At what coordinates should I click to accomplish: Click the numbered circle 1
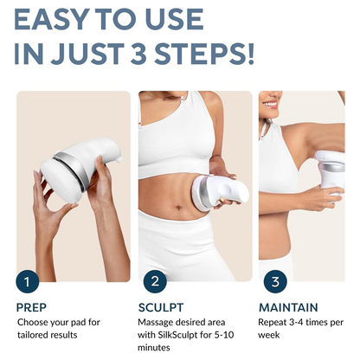[x=28, y=281]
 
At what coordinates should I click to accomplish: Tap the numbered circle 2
[x=155, y=281]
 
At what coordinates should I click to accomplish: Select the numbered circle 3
[x=275, y=281]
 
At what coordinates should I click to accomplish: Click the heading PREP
[x=31, y=307]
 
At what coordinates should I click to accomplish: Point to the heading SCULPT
[x=161, y=307]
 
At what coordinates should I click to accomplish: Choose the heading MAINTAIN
[x=288, y=307]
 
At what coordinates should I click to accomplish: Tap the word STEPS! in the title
[x=204, y=54]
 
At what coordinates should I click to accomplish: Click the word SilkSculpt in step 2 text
[x=176, y=335]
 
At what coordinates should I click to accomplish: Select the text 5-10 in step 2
[x=224, y=335]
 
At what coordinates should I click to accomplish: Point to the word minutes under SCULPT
[x=154, y=348]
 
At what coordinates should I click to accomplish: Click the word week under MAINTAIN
[x=269, y=335]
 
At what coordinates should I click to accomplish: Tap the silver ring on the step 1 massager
[x=72, y=170]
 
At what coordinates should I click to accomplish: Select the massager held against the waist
[x=220, y=192]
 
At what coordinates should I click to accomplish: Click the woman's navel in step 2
[x=179, y=207]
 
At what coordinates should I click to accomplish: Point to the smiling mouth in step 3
[x=270, y=104]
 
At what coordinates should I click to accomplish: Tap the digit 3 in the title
[x=138, y=54]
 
